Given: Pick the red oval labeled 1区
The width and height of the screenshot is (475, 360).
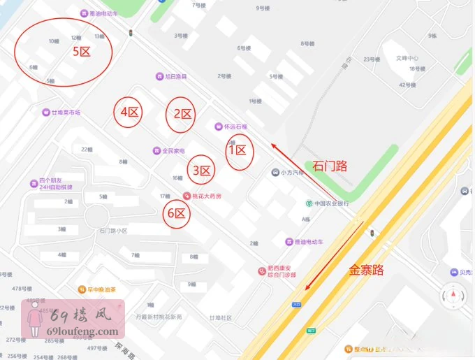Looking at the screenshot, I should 240,150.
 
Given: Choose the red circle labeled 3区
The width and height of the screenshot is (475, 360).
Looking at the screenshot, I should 201,170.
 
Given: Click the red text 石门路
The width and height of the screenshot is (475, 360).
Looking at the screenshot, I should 330,166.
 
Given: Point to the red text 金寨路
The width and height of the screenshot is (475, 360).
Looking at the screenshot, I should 367,270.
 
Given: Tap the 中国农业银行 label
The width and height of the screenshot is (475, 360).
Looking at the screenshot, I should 330,203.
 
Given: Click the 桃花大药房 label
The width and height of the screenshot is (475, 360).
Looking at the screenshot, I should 207,196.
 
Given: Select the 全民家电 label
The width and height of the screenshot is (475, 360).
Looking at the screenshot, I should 173,151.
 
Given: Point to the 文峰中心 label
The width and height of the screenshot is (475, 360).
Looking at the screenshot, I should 407,57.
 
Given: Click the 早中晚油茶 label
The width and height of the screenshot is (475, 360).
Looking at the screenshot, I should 101,289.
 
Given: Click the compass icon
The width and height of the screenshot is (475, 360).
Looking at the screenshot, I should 453,296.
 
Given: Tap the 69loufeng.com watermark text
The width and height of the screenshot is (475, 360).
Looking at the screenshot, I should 87,331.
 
